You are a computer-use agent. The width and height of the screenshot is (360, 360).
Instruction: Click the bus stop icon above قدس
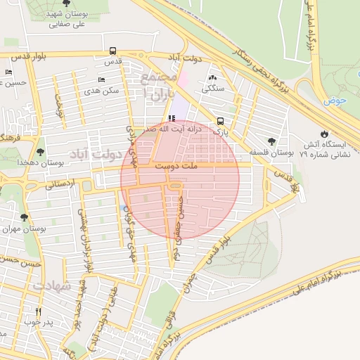click(112, 51)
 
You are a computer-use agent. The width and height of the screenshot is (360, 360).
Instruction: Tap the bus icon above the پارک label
click(221, 120)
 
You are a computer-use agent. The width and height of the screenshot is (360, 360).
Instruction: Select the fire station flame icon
click(323, 134)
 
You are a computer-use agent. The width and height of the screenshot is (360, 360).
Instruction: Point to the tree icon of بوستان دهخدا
click(39, 151)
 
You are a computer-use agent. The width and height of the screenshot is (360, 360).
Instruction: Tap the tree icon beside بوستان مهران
click(25, 218)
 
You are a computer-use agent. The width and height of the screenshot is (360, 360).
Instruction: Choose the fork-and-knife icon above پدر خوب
click(38, 311)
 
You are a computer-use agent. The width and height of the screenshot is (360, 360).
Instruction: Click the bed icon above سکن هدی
click(102, 80)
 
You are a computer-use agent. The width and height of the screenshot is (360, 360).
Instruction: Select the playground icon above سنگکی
click(212, 78)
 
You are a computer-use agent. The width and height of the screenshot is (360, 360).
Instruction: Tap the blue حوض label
click(336, 101)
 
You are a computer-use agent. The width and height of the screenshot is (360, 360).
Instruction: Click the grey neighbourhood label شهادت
click(50, 285)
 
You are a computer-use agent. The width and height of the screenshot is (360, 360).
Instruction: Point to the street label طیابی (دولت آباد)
click(107, 303)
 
